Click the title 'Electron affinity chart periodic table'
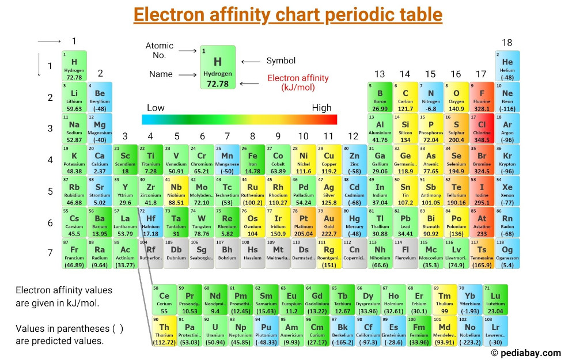288,15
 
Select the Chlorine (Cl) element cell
482,128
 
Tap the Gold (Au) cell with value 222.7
329,222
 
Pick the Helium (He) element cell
507,66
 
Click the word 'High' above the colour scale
321,108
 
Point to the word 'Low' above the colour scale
156,108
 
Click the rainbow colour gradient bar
239,119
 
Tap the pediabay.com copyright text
525,353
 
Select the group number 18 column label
507,43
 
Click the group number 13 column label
380,74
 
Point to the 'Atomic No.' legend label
160,51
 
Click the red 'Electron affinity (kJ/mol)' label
298,82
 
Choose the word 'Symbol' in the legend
281,61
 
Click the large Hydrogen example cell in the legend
218,67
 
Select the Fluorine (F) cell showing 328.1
482,97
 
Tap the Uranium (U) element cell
215,331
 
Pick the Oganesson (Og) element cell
507,253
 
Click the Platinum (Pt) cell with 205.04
304,222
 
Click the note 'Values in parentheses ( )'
69,328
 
